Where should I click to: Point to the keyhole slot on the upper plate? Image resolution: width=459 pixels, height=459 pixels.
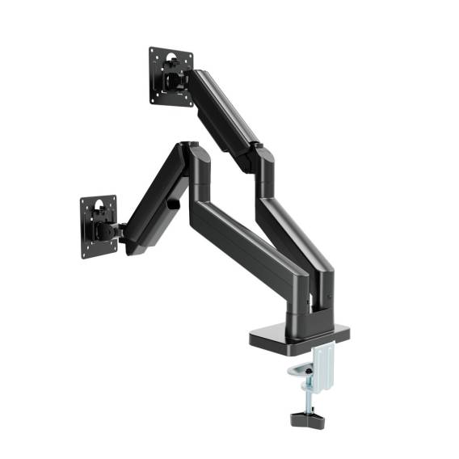click(171, 59)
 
